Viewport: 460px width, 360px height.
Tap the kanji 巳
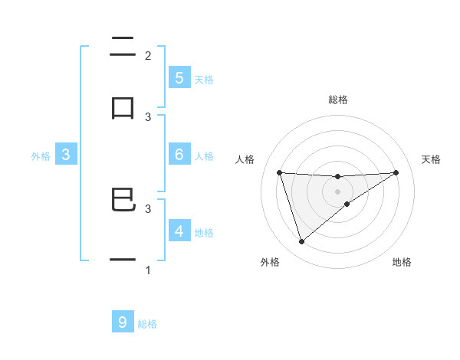[123, 201]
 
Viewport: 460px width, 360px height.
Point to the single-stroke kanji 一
[123, 260]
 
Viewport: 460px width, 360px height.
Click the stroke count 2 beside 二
[148, 55]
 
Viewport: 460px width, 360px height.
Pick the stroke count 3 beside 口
[148, 116]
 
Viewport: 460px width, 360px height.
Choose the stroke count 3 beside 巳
[148, 208]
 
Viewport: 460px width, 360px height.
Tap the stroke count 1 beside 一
[148, 270]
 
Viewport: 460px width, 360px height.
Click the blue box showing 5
[179, 77]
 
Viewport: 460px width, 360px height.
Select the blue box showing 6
[179, 155]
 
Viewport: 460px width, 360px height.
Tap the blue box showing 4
[179, 231]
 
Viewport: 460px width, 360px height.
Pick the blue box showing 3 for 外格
[66, 155]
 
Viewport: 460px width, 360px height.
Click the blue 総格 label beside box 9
[147, 324]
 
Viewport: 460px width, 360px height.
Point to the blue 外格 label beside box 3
[41, 156]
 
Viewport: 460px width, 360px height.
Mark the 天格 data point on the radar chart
[396, 172]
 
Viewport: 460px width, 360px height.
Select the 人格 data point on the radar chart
[279, 172]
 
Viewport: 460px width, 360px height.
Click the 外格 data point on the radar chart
[301, 242]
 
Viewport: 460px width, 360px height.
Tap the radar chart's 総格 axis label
[338, 100]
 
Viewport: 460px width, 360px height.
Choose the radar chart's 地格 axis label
[402, 263]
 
